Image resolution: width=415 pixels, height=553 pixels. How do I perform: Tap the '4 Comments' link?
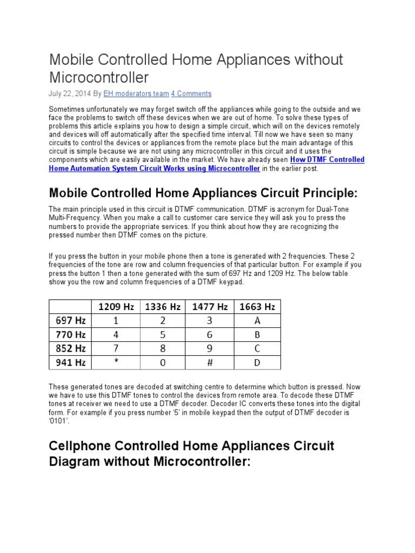tap(191, 93)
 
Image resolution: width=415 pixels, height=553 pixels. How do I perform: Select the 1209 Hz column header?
tap(116, 306)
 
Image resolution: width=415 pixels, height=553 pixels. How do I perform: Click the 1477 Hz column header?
tap(210, 306)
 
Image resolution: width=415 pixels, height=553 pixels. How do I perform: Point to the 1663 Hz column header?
tap(257, 306)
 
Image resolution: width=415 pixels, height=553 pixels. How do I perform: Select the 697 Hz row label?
tap(71, 320)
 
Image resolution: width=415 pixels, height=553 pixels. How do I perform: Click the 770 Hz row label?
tap(71, 334)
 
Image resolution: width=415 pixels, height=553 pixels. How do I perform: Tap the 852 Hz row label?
tap(71, 348)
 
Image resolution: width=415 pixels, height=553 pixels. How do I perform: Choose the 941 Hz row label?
tap(71, 362)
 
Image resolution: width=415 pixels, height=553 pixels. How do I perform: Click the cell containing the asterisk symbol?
tap(116, 363)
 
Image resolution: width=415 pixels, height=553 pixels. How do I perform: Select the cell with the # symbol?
tap(210, 362)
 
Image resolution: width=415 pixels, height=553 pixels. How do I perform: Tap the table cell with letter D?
tap(257, 362)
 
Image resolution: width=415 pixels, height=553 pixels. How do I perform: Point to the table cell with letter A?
tap(257, 320)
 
